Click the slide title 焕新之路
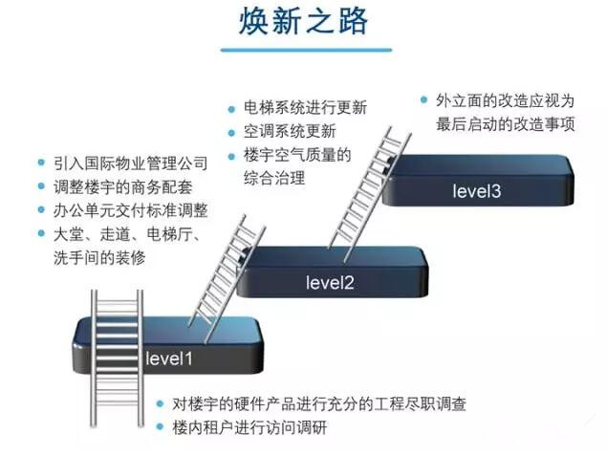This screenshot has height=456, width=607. click(x=303, y=22)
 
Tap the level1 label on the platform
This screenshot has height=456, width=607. click(x=169, y=359)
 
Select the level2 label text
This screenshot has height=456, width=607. click(x=330, y=282)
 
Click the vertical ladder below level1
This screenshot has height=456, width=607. click(x=116, y=373)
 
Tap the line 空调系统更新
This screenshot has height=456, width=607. click(x=290, y=131)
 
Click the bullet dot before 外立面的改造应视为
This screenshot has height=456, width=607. click(x=423, y=99)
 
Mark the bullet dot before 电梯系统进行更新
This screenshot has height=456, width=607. click(x=232, y=107)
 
